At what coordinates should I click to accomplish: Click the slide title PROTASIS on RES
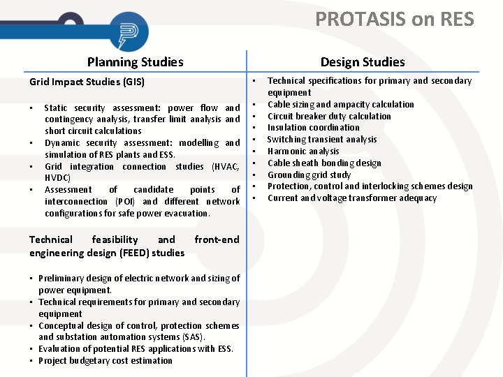(394, 19)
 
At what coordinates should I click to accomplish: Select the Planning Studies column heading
(135, 62)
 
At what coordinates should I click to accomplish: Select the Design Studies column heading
(363, 62)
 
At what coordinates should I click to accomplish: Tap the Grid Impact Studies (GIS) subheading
(87, 82)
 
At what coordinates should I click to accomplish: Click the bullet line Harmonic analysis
(303, 151)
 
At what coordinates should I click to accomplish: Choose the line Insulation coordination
(313, 128)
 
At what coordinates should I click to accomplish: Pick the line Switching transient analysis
(322, 140)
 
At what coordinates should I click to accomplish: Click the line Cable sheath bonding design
(324, 163)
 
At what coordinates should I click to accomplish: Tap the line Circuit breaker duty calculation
(329, 117)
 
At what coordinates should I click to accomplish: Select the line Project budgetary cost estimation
(105, 361)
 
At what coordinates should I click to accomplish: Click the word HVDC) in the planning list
(61, 178)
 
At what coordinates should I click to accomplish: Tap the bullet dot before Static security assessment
(31, 108)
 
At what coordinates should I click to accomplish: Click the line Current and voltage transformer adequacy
(352, 198)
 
